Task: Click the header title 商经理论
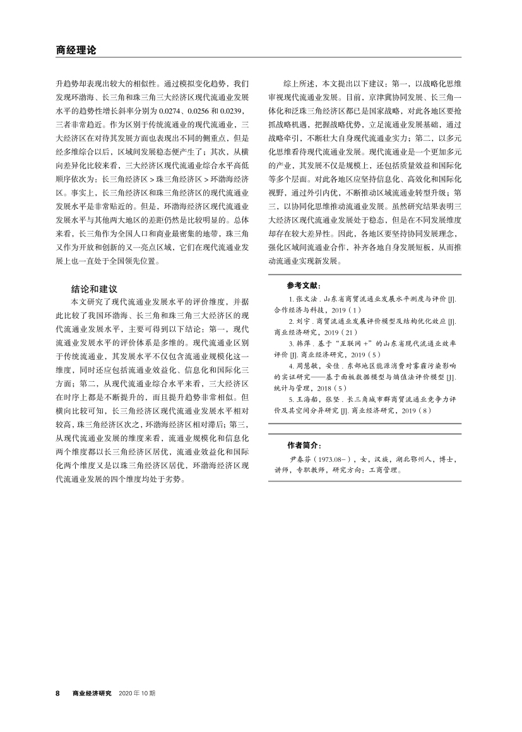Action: pos(76,50)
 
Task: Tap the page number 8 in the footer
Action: pos(58,693)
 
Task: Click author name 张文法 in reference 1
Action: pos(304,298)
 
